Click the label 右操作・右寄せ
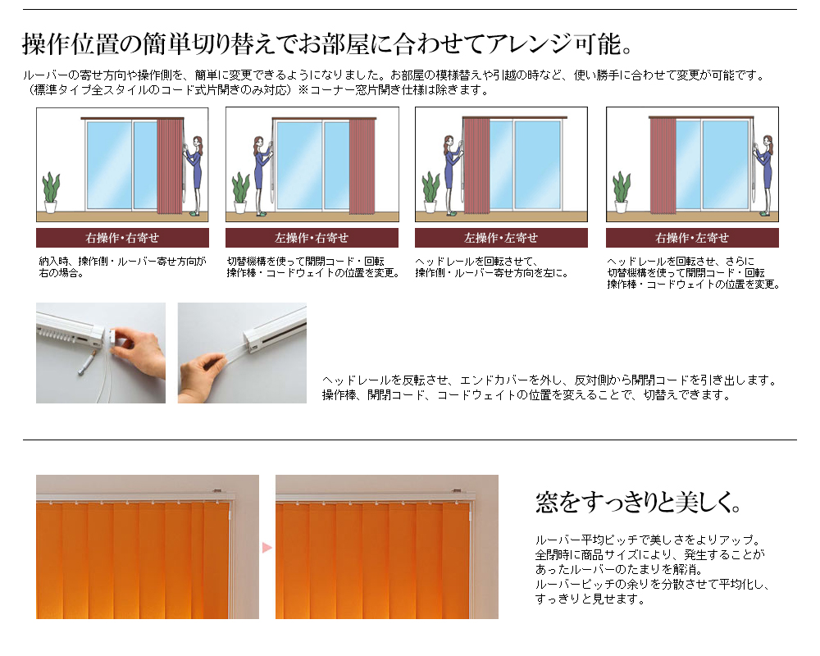point(122,238)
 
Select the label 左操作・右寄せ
point(312,238)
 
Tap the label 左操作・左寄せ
point(501,238)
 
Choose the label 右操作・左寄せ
point(692,238)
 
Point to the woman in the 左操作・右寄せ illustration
point(262,172)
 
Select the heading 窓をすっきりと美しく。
point(639,501)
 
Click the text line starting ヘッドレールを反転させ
point(549,380)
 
